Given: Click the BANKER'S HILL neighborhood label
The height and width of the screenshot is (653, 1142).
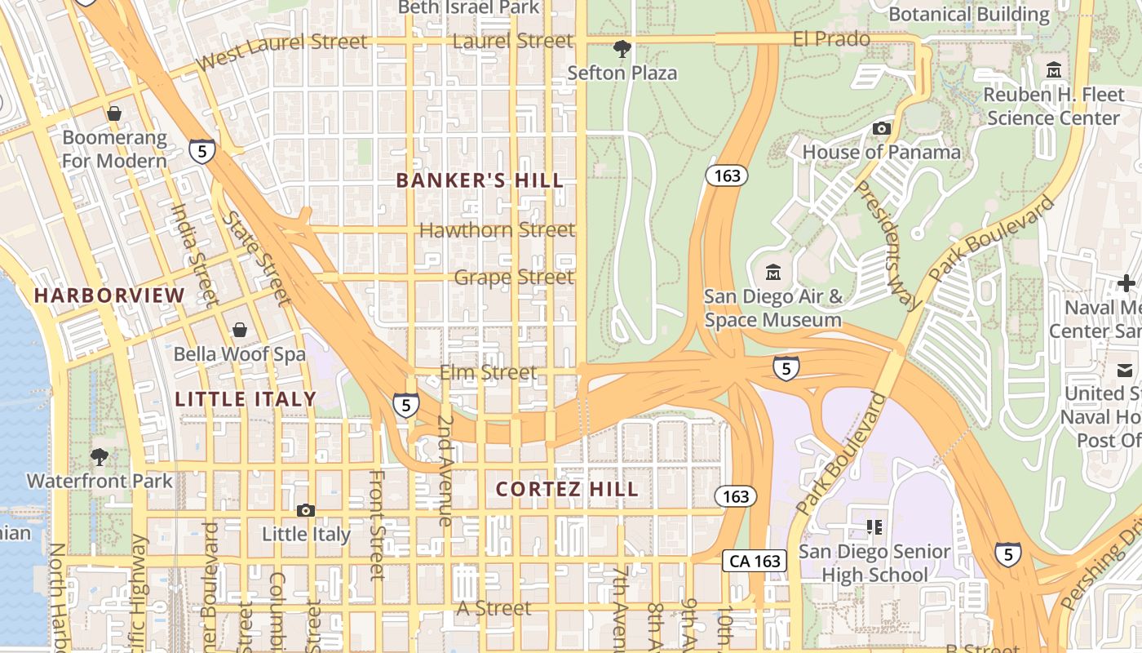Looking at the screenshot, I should click(480, 180).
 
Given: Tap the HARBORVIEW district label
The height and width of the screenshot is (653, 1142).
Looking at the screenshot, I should click(109, 295).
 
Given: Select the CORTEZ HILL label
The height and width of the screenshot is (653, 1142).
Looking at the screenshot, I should click(568, 489).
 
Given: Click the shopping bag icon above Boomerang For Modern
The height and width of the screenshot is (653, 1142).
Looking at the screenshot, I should click(114, 113).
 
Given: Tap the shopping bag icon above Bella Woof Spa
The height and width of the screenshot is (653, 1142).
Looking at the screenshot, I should click(240, 330).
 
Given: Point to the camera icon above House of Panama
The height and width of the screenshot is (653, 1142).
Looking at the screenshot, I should click(881, 128).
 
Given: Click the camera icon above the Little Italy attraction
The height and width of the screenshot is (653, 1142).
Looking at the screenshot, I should click(305, 510).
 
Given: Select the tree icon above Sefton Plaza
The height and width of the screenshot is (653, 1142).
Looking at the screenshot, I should click(622, 49).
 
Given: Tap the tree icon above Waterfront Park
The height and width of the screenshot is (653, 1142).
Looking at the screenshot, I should click(100, 456).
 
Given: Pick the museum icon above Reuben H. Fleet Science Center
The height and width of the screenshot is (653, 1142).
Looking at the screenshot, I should click(1053, 70).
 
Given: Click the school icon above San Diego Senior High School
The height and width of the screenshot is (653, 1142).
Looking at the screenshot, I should click(874, 527).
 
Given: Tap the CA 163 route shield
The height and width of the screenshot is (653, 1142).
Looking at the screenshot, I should click(755, 561).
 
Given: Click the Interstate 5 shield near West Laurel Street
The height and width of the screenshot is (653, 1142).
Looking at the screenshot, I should click(202, 150).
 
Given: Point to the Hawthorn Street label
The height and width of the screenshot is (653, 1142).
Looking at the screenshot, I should click(497, 230).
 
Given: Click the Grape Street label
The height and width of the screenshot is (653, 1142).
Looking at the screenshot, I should click(514, 278).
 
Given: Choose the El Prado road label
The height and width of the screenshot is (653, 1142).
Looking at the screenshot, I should click(831, 38).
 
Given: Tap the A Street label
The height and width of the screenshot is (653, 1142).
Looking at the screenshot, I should click(494, 608).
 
